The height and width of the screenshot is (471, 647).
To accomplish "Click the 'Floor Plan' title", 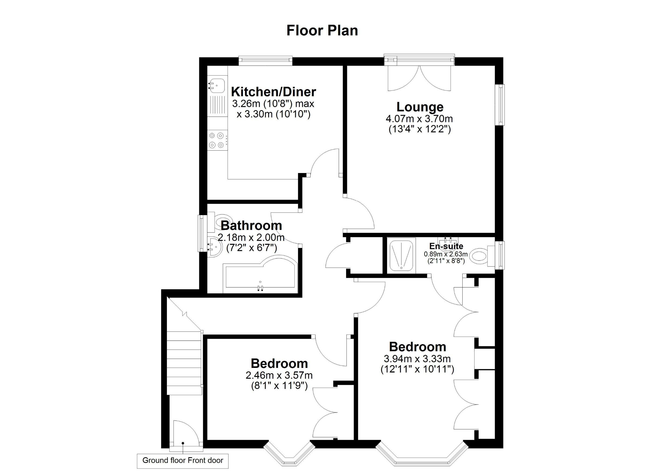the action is point(322,31).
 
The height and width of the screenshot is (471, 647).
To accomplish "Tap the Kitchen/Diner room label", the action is point(273,92).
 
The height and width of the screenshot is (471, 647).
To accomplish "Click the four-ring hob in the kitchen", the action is point(218,140).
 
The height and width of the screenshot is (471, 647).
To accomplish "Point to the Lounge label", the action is point(420,107).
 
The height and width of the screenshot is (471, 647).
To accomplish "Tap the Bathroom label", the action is point(251,226).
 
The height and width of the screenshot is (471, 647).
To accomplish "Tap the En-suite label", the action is point(446,246).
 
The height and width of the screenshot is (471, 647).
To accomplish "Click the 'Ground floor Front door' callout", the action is point(183,460).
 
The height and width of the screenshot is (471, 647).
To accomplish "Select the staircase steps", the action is point(184,363).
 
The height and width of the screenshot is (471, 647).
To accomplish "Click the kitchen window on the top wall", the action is point(266,59).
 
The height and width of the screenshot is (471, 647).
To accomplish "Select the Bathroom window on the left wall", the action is point(202,233).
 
